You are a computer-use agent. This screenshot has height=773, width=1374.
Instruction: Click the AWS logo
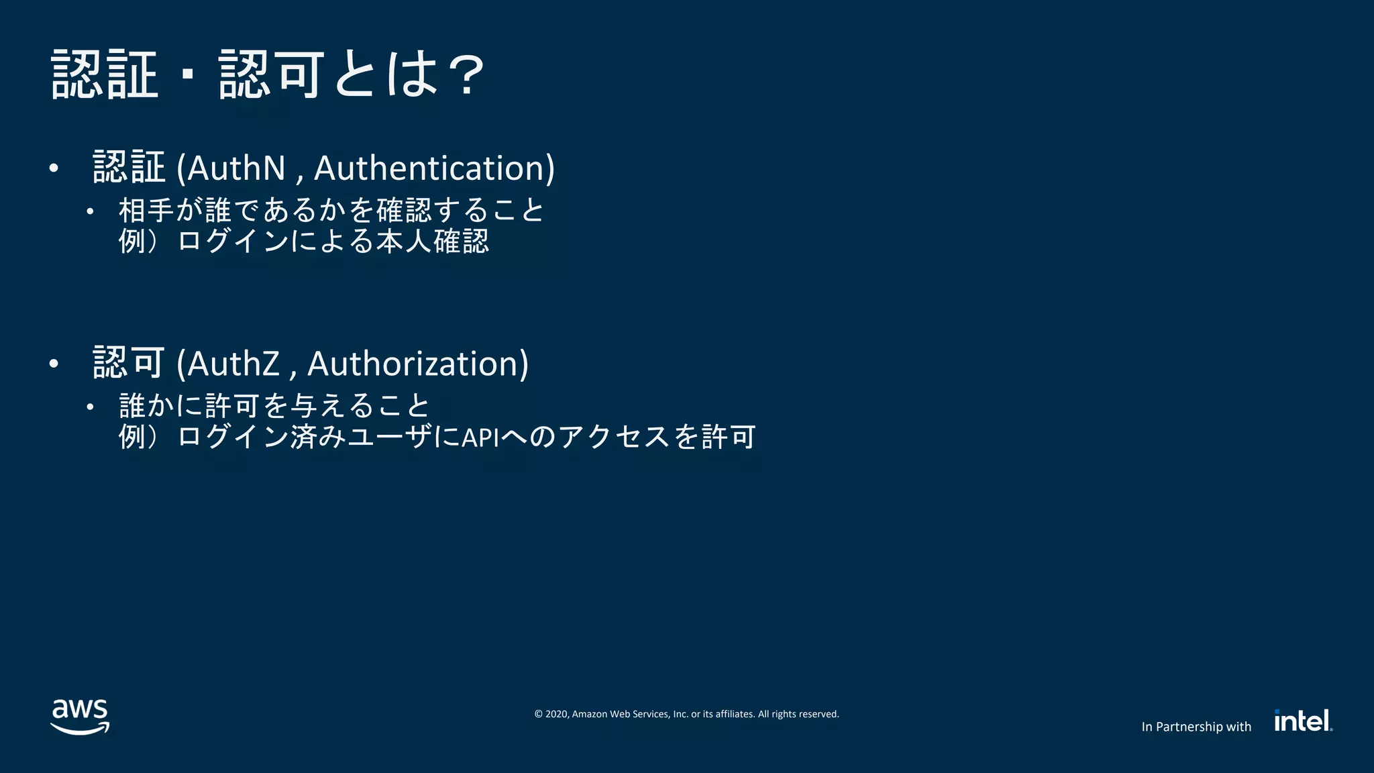80,717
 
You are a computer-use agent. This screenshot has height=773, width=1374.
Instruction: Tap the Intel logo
1303,721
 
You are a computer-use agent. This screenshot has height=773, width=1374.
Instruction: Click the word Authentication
434,168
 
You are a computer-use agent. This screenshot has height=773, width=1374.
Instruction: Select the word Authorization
417,364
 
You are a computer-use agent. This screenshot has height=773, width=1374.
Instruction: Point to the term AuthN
236,168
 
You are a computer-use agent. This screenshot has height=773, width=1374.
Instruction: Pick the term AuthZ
233,364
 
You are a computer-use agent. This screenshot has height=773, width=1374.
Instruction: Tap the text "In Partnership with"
1196,727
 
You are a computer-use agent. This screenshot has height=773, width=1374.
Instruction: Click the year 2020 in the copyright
557,714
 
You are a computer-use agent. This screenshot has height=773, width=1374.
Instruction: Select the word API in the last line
480,437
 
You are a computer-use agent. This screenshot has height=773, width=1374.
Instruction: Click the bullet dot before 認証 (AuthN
54,168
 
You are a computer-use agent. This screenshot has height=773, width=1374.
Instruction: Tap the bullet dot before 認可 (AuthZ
54,364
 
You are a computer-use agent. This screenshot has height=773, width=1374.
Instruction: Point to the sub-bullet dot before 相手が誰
90,211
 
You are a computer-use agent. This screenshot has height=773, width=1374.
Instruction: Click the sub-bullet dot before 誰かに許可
90,407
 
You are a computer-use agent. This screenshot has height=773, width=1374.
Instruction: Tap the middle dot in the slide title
189,75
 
